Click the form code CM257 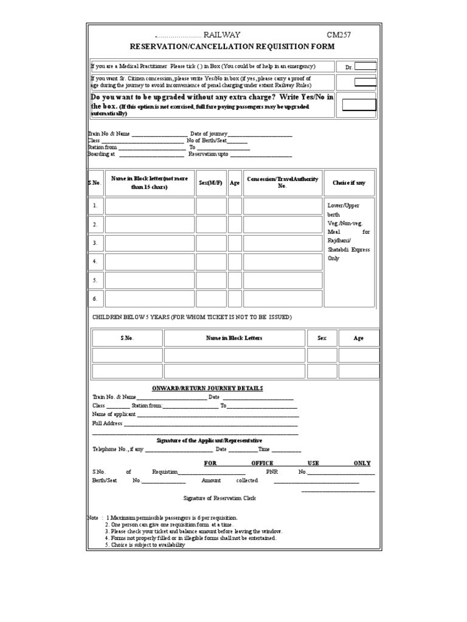(x=339, y=35)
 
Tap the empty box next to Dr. (x=365, y=67)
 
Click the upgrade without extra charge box (x=359, y=104)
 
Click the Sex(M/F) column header (x=211, y=183)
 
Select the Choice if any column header (x=349, y=183)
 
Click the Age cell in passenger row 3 (x=235, y=243)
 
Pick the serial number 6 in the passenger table (x=95, y=299)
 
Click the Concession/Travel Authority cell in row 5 (x=282, y=281)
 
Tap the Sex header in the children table (x=322, y=338)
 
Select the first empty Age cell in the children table (x=358, y=355)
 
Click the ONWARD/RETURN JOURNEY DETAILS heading (x=207, y=389)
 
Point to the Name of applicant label (x=114, y=414)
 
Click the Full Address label (x=107, y=423)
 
